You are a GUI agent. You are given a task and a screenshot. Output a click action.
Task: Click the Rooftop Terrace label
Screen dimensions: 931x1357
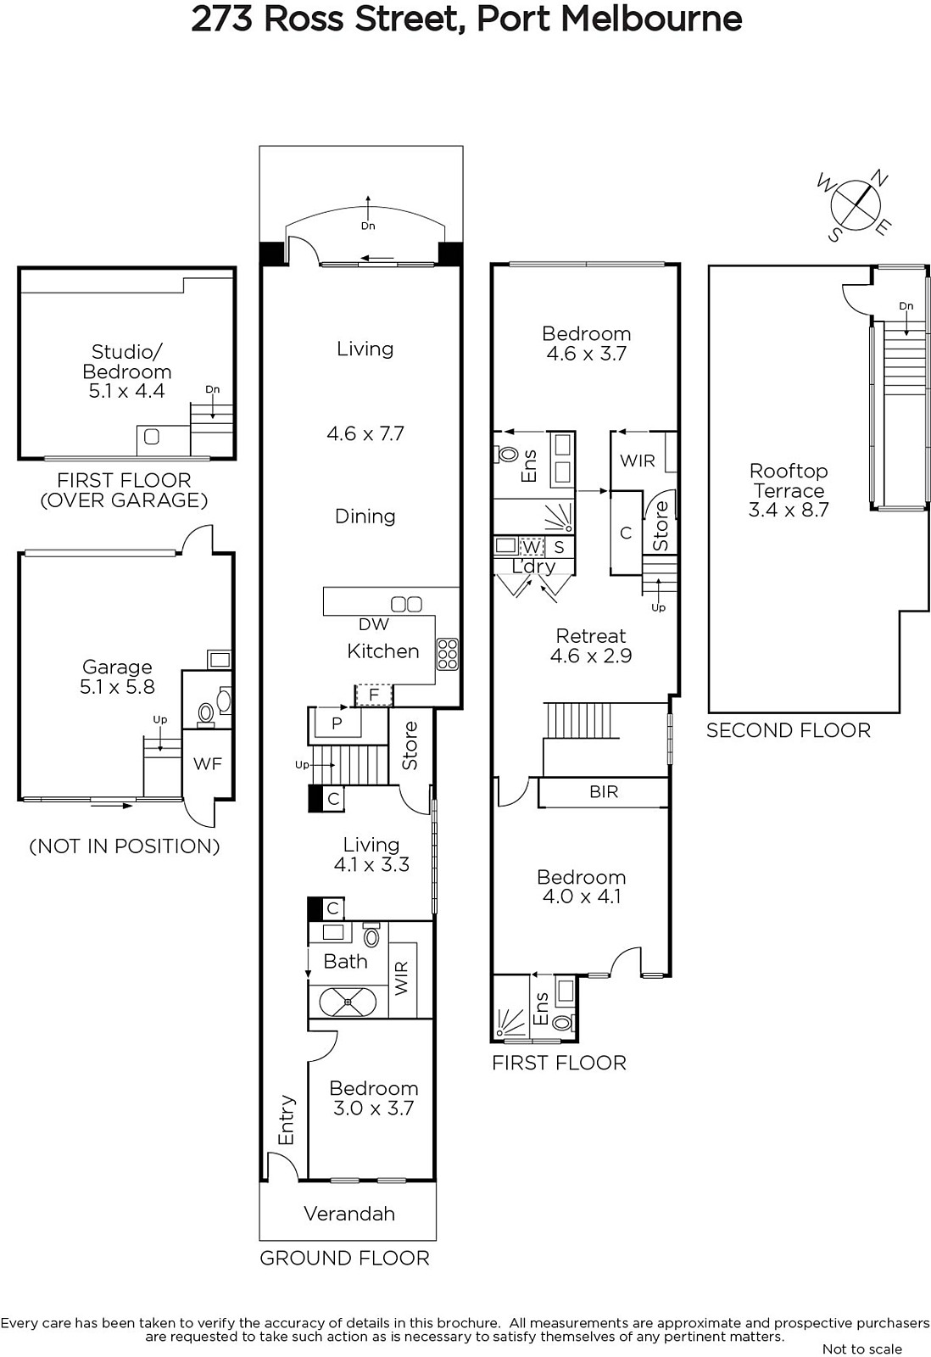[x=788, y=490]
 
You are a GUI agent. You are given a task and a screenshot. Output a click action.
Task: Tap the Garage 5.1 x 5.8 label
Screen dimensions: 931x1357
[x=118, y=677]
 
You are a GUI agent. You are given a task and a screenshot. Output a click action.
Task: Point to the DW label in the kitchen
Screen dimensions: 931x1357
[x=374, y=624]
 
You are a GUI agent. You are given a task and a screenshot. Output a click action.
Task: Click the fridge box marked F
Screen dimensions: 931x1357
[x=374, y=695]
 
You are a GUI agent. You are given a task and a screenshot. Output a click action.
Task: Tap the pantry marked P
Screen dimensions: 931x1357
[x=336, y=723]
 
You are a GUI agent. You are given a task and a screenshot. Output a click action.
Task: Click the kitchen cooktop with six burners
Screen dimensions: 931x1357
[x=447, y=654]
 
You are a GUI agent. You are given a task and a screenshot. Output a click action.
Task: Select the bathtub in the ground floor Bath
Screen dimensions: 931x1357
[x=348, y=1002]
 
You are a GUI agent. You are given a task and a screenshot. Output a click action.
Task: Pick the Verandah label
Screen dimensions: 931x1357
[x=348, y=1213]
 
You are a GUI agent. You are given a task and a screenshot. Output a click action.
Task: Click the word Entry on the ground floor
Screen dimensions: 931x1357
[x=286, y=1120]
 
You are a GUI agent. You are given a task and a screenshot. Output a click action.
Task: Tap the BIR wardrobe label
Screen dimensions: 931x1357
[x=604, y=792]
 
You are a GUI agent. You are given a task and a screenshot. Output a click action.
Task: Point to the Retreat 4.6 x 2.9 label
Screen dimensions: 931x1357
[x=591, y=645]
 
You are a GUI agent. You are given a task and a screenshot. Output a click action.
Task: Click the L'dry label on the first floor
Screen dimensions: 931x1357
[x=533, y=567]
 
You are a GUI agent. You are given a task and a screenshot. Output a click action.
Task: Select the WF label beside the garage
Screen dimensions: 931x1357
[x=208, y=764]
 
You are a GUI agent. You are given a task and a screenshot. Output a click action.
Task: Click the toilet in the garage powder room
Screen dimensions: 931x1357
[x=206, y=714]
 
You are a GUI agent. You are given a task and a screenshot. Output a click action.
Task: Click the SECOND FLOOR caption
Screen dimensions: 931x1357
[x=788, y=730]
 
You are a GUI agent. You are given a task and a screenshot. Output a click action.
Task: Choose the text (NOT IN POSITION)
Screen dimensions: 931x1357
[x=124, y=846]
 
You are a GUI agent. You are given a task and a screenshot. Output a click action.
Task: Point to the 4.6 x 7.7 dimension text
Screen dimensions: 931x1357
[x=365, y=433]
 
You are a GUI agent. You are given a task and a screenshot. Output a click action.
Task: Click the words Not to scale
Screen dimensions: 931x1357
[x=862, y=1349]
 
